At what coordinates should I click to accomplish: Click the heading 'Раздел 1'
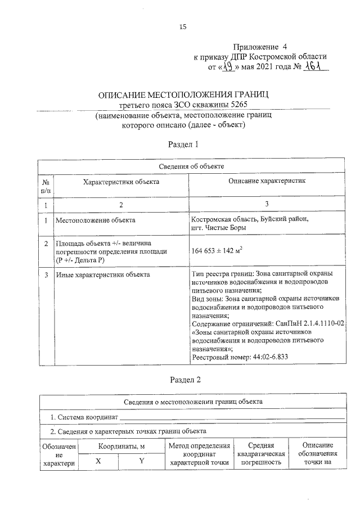pyautogui.click(x=184, y=145)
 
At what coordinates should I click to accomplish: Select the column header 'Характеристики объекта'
pyautogui.click(x=121, y=182)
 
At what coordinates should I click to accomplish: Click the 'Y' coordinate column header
pyautogui.click(x=142, y=461)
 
